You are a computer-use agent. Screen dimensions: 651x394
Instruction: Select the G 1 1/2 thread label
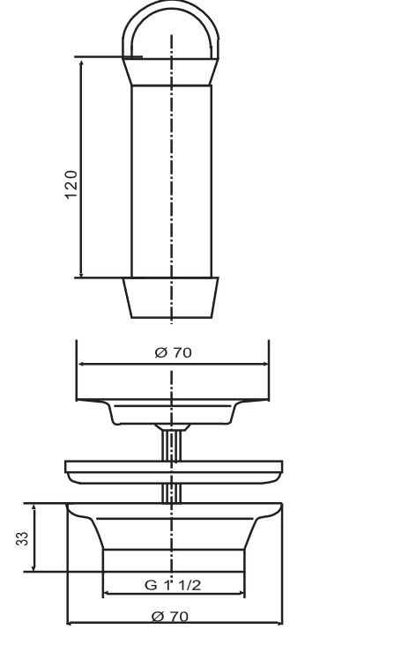click(x=173, y=584)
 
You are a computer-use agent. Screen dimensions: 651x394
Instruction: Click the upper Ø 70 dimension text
click(x=173, y=352)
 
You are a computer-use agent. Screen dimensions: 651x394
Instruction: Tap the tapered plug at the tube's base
click(x=172, y=298)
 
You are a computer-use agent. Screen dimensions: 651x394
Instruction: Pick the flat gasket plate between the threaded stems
click(x=173, y=471)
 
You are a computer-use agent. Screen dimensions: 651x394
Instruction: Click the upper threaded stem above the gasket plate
click(x=173, y=442)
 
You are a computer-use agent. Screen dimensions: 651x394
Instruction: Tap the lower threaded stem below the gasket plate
click(x=173, y=492)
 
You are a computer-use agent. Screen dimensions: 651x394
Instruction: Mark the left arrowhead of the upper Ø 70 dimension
click(x=82, y=362)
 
